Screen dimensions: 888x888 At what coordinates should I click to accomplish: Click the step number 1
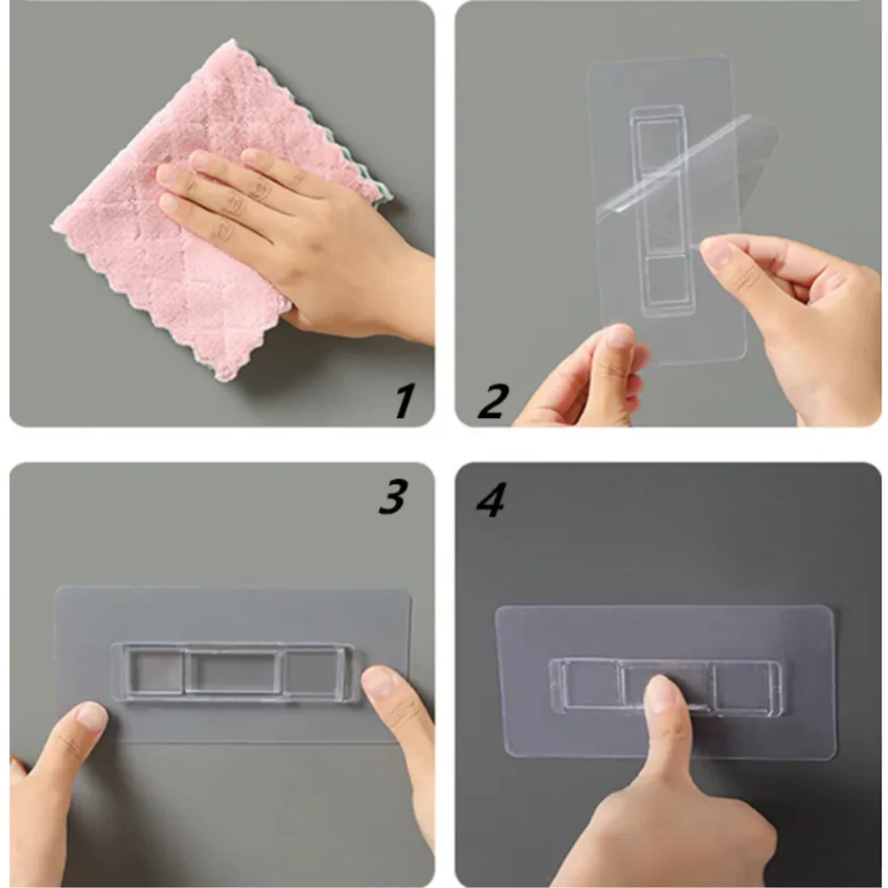tap(404, 400)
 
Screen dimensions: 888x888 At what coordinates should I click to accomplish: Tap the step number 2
tap(493, 400)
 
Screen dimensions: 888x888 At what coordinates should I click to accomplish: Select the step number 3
tap(393, 497)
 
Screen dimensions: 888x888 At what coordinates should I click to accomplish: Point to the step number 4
tap(491, 500)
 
